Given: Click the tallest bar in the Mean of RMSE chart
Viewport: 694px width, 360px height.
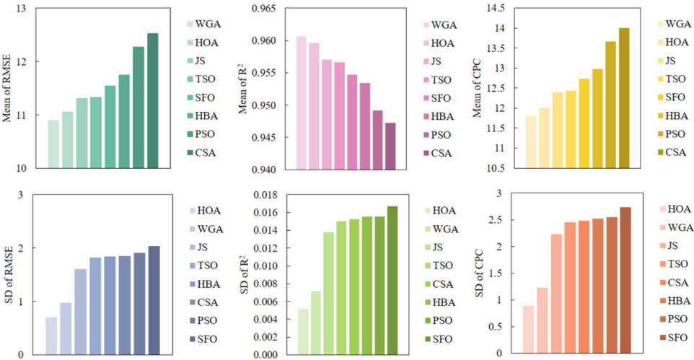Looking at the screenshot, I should point(152,101).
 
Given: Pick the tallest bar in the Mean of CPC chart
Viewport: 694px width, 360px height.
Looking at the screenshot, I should point(624,98).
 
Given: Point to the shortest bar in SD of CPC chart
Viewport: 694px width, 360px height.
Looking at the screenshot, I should point(527,330).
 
